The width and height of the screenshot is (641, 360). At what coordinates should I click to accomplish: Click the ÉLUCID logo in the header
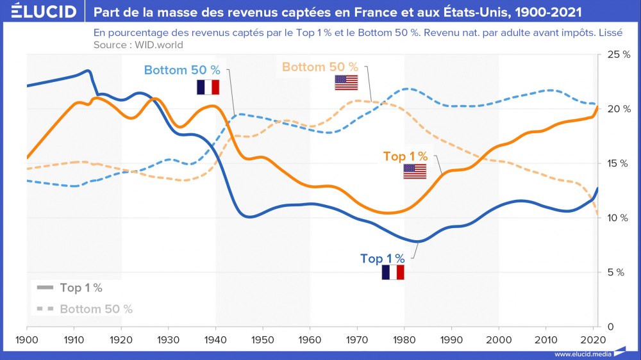coord(40,12)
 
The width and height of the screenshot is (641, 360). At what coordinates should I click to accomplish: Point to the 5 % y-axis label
coord(616,272)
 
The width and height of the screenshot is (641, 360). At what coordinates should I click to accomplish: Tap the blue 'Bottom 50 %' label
coord(182,70)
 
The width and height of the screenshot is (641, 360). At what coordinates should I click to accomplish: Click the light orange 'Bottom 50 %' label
coord(320,67)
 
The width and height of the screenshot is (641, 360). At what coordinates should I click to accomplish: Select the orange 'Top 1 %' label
coord(405,156)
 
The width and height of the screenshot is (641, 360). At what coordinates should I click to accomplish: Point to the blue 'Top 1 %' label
coord(383,259)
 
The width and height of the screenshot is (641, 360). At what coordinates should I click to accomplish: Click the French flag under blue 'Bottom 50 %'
coord(208,88)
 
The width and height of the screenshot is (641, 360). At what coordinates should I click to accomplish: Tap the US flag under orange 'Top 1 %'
coord(415,172)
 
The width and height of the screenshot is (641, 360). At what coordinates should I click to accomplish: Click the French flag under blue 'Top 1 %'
coord(393,273)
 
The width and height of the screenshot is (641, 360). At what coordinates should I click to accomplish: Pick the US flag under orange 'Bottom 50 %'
coord(346,83)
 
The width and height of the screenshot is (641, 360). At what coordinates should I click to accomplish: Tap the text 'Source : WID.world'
coord(138,45)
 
